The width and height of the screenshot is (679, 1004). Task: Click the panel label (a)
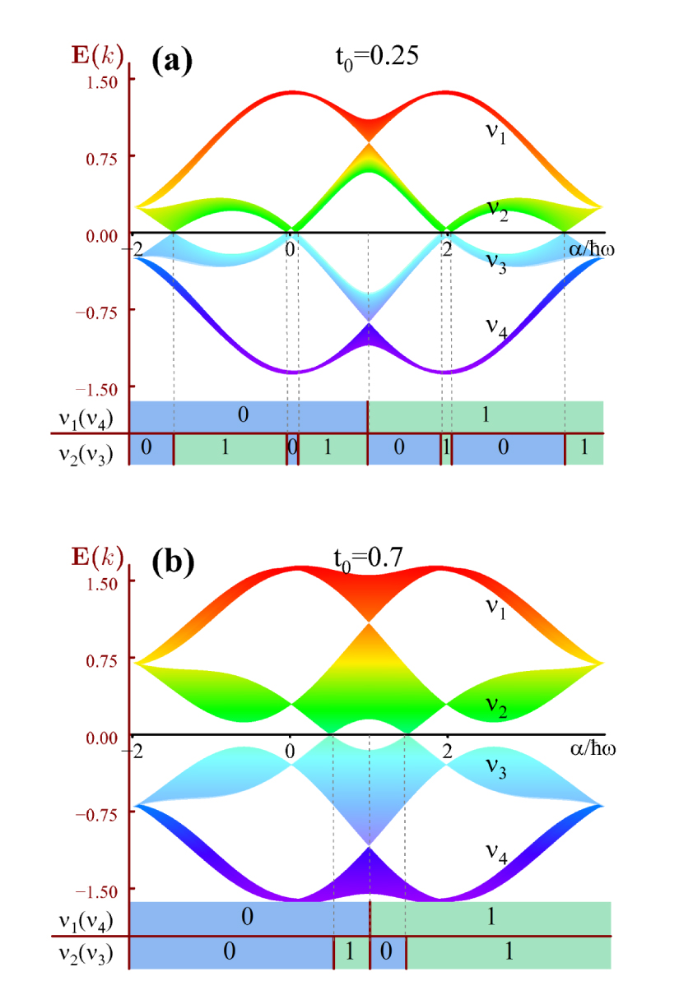tap(171, 62)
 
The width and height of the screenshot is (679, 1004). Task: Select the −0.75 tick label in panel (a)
tap(100, 311)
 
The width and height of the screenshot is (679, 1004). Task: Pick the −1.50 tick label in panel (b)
tap(100, 891)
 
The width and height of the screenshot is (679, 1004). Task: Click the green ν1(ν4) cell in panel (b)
tap(491, 918)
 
